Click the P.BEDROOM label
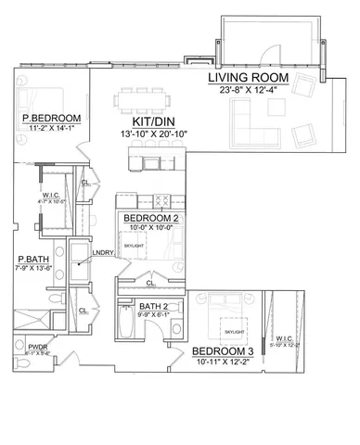coord(51,119)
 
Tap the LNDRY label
coord(102,252)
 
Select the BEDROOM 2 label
coord(151,218)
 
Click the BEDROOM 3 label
coord(223,352)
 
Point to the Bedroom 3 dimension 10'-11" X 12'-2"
coord(223,362)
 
